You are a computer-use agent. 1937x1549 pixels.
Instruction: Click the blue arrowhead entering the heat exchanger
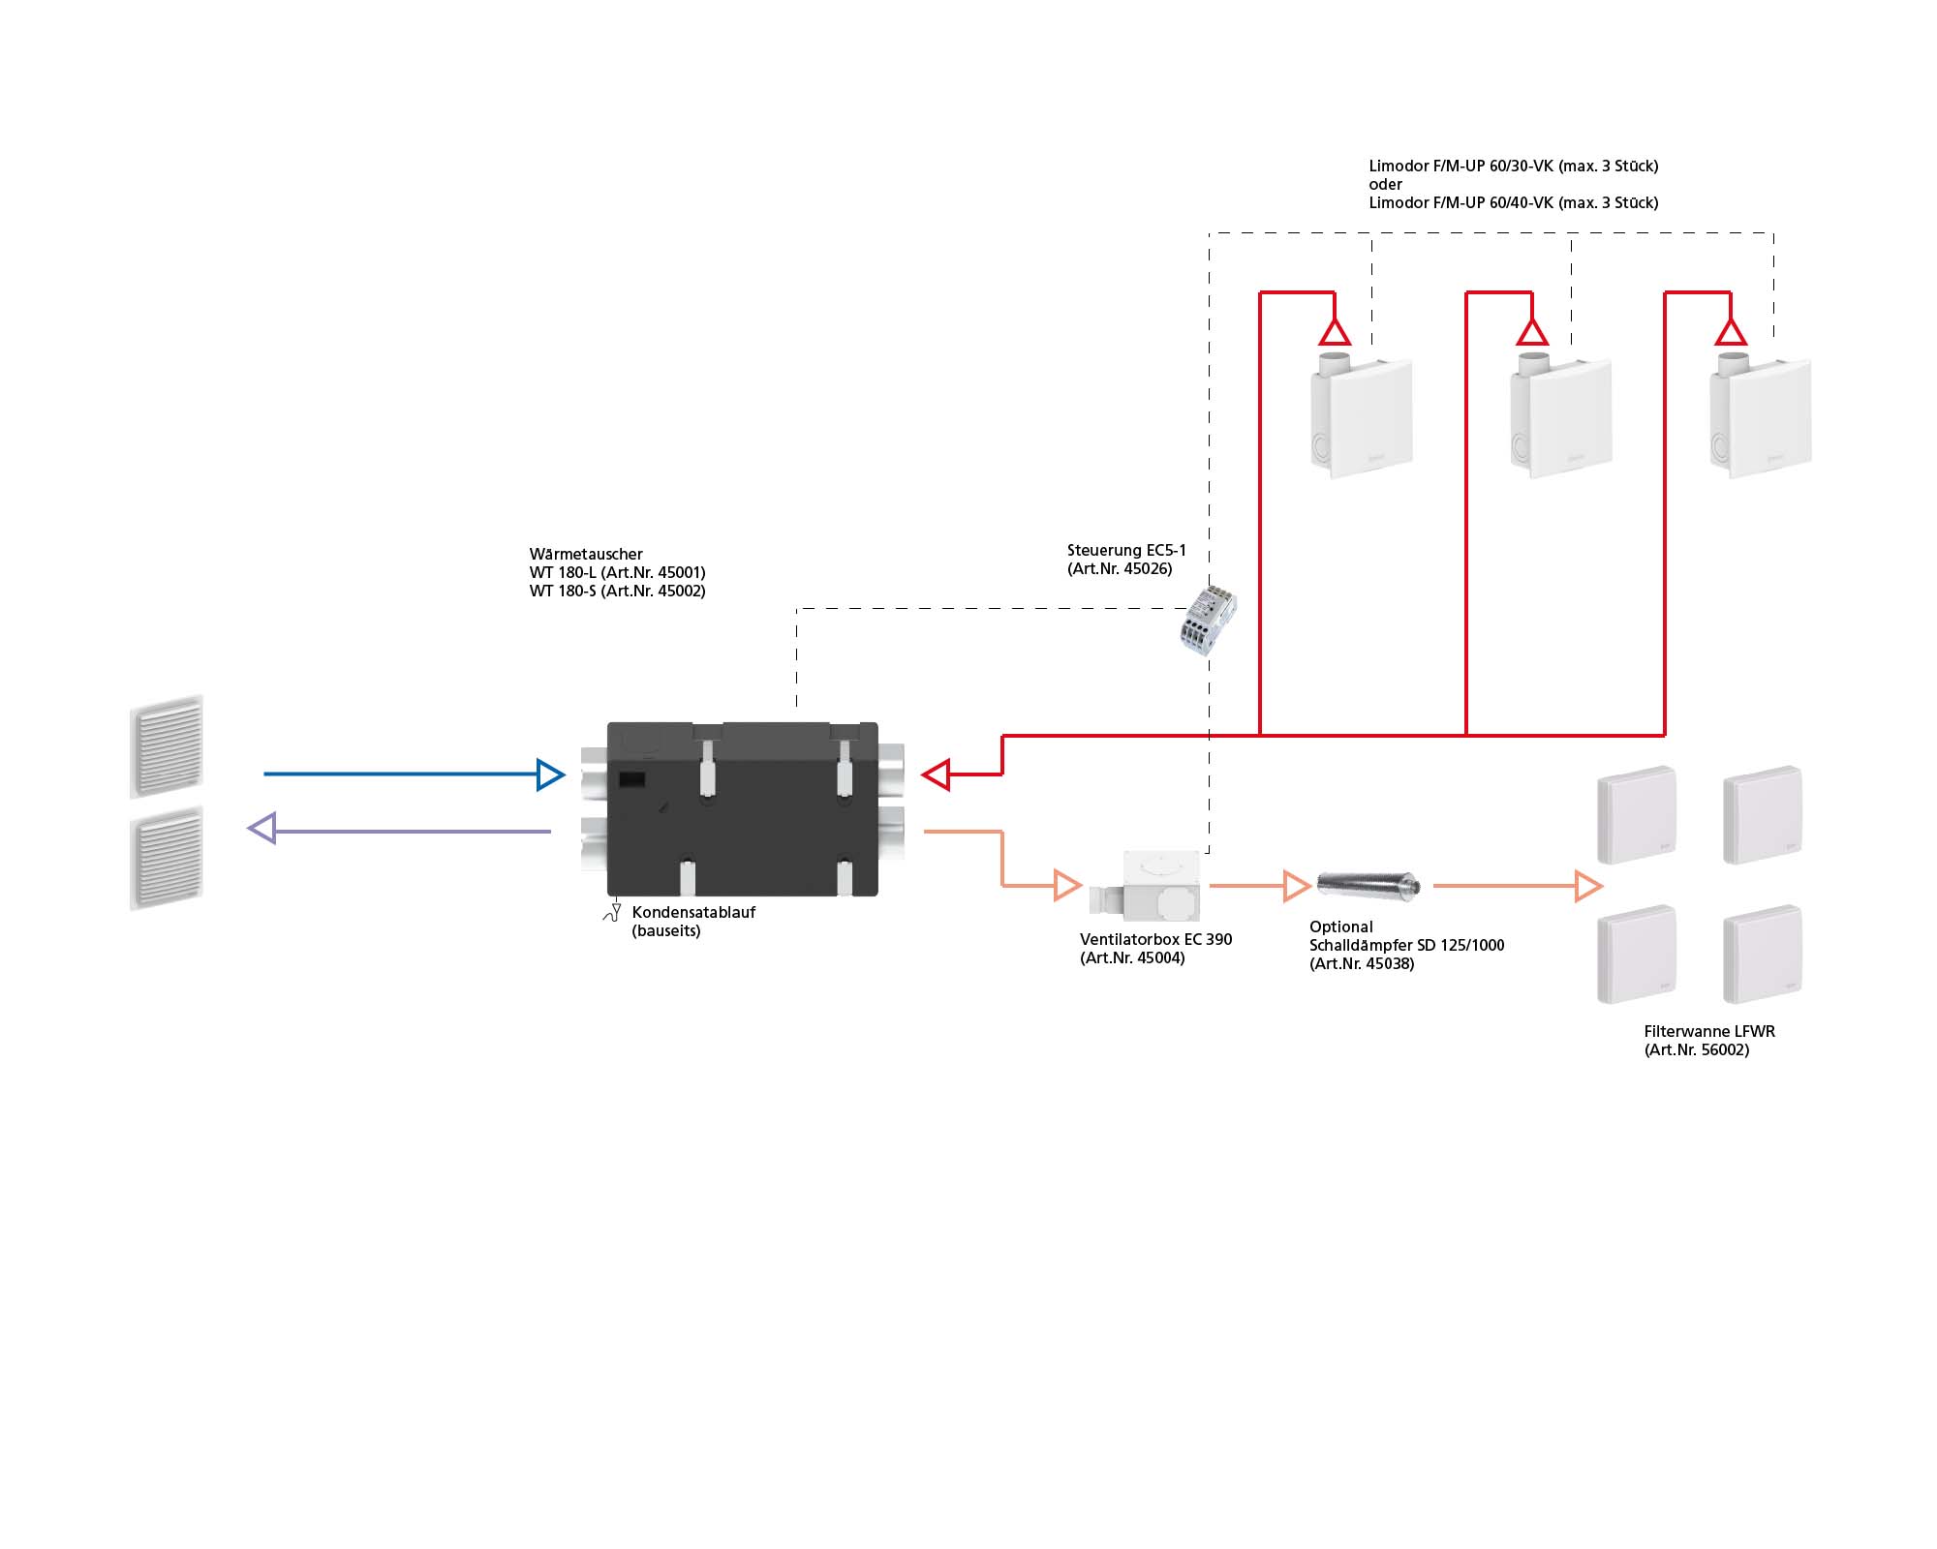551,774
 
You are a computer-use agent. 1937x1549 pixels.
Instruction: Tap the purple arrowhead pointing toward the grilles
262,829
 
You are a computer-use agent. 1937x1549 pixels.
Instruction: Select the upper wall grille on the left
167,746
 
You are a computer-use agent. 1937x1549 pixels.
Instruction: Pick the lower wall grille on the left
167,859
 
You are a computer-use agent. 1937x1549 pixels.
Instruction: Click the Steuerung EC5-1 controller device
1208,621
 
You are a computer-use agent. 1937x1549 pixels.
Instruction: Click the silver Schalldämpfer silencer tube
1368,884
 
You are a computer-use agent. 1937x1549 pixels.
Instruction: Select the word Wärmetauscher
586,554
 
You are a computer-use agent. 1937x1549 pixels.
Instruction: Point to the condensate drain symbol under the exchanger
613,912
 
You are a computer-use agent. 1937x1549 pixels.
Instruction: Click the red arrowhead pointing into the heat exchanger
936,774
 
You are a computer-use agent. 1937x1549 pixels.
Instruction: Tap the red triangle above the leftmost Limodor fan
1335,333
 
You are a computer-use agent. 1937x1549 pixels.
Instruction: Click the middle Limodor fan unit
1561,417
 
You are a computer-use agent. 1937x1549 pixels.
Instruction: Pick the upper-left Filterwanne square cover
1637,815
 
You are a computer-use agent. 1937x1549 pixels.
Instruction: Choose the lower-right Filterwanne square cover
1763,954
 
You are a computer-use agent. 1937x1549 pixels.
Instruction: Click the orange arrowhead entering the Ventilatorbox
1067,885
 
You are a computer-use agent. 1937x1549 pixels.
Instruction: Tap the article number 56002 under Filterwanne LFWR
1725,1050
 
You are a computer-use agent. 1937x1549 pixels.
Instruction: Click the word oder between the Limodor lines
1385,184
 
